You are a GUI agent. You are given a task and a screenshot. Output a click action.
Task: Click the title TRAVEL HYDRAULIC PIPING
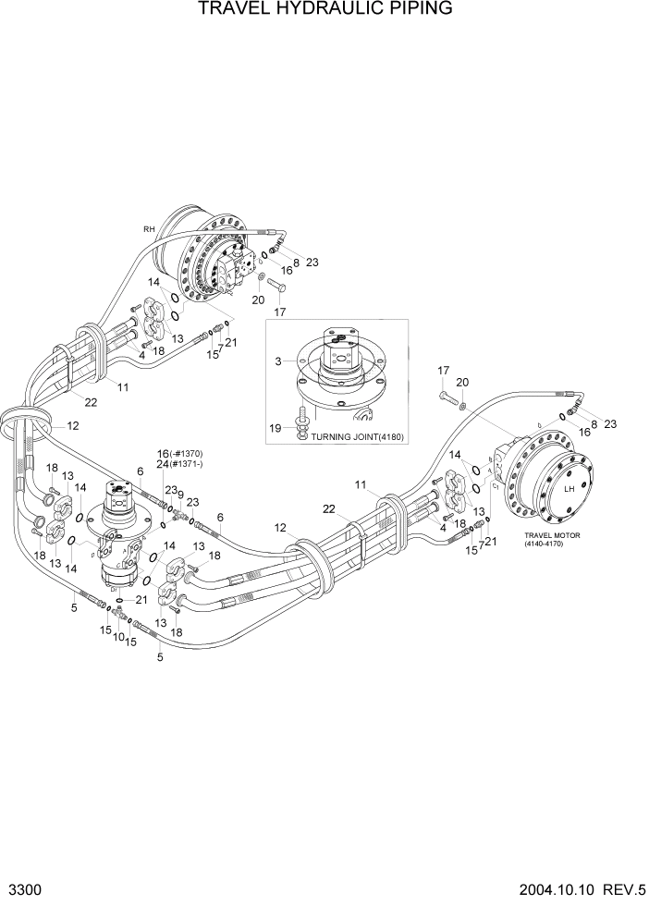[x=324, y=10]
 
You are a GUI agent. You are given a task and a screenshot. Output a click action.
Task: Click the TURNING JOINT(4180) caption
[x=358, y=436]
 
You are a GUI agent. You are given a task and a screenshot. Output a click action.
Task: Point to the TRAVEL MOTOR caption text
[x=550, y=535]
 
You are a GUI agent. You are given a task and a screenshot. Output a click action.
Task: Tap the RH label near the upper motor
[x=149, y=228]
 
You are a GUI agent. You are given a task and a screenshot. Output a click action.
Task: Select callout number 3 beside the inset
[x=277, y=361]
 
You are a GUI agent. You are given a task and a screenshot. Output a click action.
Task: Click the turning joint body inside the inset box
[x=339, y=365]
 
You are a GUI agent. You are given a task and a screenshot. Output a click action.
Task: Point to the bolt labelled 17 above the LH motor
[x=445, y=398]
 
